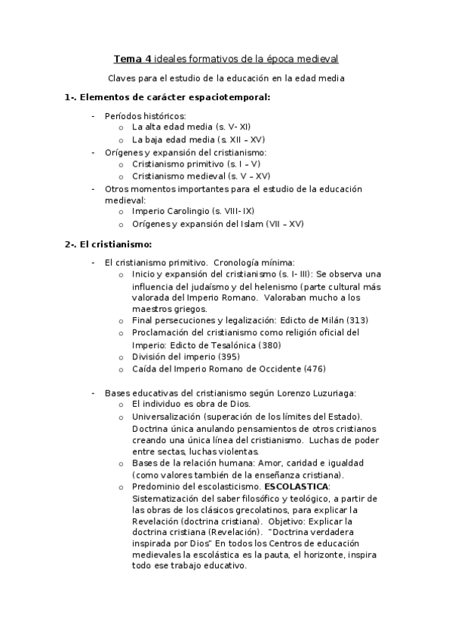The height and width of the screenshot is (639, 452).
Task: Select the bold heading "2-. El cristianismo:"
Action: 108,243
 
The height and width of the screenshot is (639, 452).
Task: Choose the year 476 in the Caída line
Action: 315,369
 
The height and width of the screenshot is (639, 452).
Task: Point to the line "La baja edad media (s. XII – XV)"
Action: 198,139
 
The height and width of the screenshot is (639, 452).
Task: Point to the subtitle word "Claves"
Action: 122,78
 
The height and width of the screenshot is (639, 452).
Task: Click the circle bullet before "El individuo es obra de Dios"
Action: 121,405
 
